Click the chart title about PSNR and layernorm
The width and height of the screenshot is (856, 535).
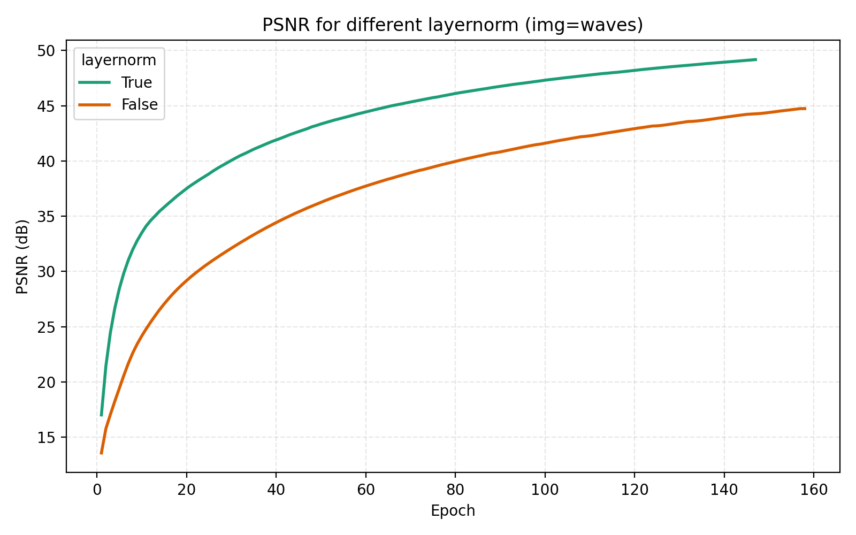point(452,25)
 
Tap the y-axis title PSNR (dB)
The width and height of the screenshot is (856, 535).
point(22,257)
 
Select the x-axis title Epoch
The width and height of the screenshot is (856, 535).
point(453,511)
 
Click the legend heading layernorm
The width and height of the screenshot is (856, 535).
point(119,60)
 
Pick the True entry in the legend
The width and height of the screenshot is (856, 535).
point(136,82)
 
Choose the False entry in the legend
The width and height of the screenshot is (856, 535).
point(139,105)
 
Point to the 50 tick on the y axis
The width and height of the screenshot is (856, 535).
point(49,51)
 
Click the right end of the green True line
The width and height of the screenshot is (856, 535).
point(756,59)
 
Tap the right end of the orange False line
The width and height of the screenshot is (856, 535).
point(805,109)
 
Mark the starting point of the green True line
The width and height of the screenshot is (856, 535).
point(101,415)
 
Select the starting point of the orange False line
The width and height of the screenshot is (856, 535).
point(101,454)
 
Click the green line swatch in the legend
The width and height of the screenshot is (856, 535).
point(95,82)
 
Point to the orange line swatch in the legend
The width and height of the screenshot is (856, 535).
point(95,105)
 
